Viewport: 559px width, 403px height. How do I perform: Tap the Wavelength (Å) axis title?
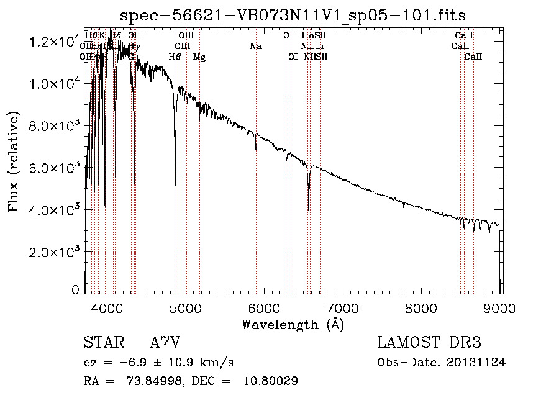click(x=293, y=324)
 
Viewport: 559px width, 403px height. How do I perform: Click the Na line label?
click(x=255, y=46)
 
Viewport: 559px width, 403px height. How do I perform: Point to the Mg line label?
click(x=199, y=57)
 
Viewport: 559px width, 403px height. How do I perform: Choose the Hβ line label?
click(x=175, y=57)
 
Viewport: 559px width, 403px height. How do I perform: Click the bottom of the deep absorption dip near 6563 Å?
click(x=309, y=209)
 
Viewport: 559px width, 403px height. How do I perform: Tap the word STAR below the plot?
click(x=103, y=343)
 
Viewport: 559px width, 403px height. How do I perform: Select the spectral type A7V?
click(x=165, y=343)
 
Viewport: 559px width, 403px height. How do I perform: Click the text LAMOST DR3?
click(x=429, y=343)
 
